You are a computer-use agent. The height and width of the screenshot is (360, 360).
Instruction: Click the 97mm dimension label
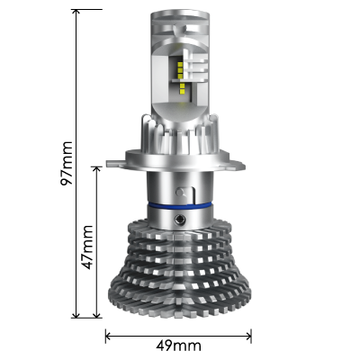click(x=67, y=163)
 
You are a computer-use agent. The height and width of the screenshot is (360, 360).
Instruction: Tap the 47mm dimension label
click(x=87, y=247)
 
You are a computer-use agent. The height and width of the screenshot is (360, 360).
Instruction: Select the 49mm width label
click(x=178, y=346)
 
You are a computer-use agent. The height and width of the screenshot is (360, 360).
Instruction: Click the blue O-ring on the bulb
click(x=179, y=205)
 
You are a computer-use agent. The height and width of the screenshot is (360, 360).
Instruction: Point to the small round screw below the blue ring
click(x=180, y=220)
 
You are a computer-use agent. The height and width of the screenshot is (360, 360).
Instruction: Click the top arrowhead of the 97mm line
click(x=76, y=12)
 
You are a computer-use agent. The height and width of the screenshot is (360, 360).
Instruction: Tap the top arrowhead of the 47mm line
click(x=96, y=169)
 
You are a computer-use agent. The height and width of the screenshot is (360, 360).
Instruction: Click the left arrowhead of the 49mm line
click(x=108, y=337)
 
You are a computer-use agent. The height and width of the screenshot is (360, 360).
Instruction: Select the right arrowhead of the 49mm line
click(x=248, y=337)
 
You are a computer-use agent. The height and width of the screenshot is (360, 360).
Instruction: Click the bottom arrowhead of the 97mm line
click(x=76, y=315)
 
